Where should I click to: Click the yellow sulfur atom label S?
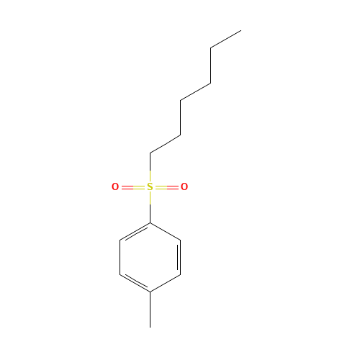click(150, 186)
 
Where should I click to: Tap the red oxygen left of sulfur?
click(115, 186)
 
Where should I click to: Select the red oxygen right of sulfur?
click(184, 186)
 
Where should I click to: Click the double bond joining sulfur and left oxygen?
click(133, 187)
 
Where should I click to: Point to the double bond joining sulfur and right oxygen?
click(167, 187)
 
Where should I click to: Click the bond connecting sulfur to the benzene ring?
click(150, 213)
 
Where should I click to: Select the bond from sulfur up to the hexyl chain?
click(150, 162)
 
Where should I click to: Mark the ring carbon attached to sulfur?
click(150, 223)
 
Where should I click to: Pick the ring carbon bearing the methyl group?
click(150, 292)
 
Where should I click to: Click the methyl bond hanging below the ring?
click(150, 310)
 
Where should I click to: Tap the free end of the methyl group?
click(150, 328)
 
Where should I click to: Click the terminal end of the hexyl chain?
click(241, 30)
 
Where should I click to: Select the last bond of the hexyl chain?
click(226, 39)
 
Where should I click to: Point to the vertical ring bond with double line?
click(179, 257)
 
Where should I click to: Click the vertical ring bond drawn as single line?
click(120, 257)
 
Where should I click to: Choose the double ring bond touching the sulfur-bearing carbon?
click(135, 232)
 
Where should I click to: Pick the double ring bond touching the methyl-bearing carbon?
click(135, 283)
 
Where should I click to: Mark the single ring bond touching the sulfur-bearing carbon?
click(166, 231)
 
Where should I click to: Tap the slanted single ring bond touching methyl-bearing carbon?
click(166, 284)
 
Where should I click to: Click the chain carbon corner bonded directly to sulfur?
click(150, 153)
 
